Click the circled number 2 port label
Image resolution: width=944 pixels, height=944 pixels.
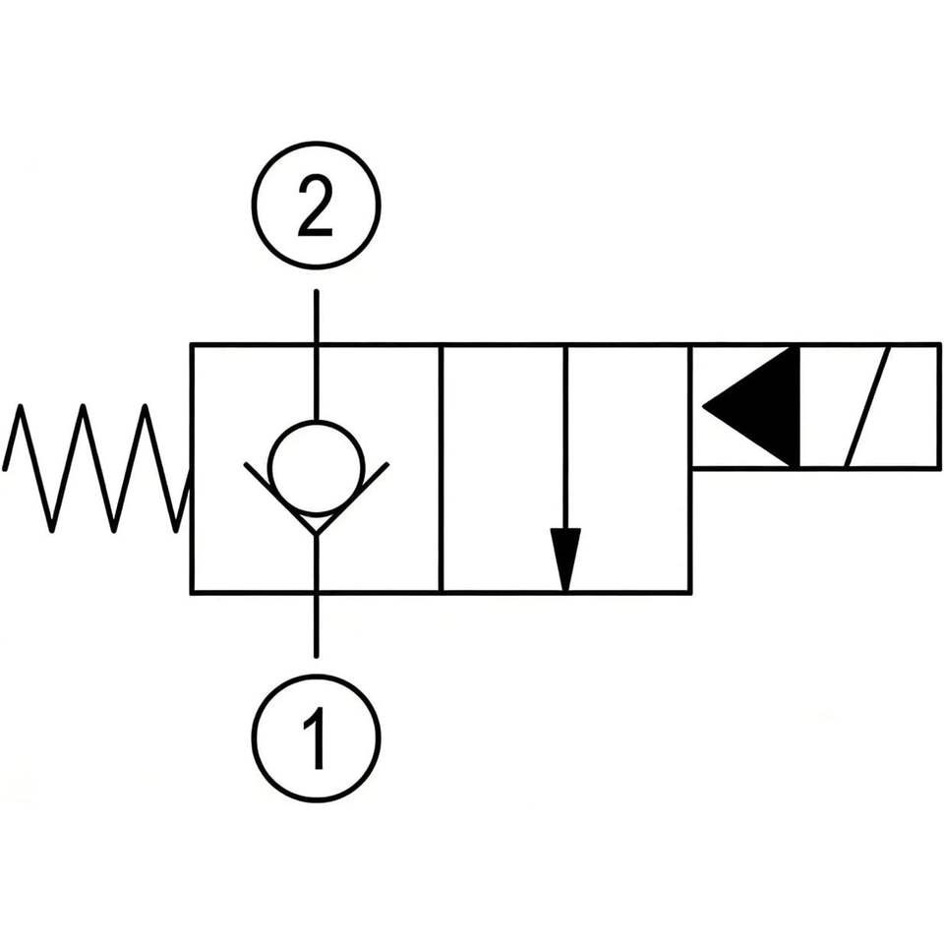316,206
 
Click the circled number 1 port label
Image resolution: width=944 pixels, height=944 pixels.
316,738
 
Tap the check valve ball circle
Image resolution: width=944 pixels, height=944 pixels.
317,468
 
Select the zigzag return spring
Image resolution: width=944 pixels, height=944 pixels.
96,468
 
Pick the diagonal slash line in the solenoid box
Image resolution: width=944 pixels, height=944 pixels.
867,406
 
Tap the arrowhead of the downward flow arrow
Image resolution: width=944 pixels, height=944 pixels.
565,559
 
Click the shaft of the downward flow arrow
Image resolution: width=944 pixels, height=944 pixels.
565,438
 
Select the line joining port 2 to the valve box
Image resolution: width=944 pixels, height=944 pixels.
316,355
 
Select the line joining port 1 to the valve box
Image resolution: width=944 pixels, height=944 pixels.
316,595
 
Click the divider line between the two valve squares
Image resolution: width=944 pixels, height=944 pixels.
442,469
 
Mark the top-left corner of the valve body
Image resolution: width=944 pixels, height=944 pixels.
192,345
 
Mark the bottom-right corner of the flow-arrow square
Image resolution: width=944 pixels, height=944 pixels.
691,593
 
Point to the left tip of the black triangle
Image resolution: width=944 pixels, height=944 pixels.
703,406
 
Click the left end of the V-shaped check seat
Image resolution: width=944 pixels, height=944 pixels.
246,463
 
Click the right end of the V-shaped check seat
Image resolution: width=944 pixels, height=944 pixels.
387,463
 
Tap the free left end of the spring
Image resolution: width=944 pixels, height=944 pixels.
5,468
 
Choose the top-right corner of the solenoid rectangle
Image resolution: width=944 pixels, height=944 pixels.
939,345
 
